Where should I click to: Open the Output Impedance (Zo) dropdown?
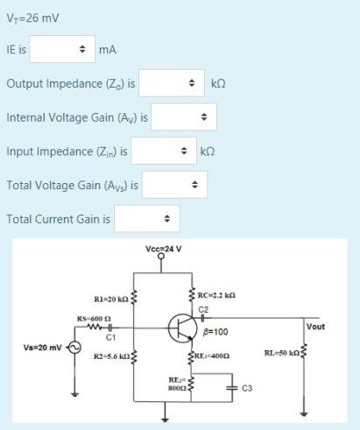point(172,83)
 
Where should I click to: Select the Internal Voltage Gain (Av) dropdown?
point(183,116)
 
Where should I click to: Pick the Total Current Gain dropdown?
point(146,217)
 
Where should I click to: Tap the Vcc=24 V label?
point(164,248)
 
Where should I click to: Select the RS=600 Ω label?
point(93,318)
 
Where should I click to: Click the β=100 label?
point(215,332)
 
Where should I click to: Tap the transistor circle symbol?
point(182,328)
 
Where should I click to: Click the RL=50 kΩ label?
point(281,353)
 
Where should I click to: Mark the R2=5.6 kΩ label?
point(111,359)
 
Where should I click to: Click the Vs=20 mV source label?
point(42,347)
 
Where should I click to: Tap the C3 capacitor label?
point(246,386)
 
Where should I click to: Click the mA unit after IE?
point(108,50)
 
